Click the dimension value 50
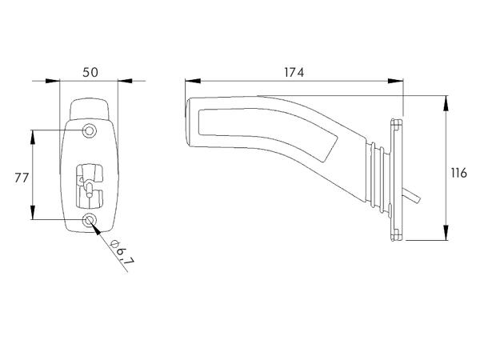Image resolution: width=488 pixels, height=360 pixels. click(x=90, y=72)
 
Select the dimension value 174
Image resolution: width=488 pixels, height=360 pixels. click(x=294, y=72)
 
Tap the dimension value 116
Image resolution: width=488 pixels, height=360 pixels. click(x=459, y=173)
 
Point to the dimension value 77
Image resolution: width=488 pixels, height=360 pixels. click(x=22, y=178)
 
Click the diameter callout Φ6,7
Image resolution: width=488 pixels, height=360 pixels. click(x=122, y=252)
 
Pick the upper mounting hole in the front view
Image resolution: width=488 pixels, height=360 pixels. click(x=89, y=130)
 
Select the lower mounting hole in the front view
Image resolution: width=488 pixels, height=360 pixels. click(x=90, y=220)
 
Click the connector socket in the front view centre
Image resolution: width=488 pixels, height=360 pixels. click(x=90, y=186)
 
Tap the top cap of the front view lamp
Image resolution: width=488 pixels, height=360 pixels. click(x=90, y=109)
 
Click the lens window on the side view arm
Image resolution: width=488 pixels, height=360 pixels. click(x=268, y=130)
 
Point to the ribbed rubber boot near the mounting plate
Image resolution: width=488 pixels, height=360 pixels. click(x=380, y=178)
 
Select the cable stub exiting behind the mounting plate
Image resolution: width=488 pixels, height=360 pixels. click(x=411, y=195)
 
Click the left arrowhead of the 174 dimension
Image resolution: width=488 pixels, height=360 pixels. click(x=193, y=81)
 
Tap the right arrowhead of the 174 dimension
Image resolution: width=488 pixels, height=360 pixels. click(x=395, y=81)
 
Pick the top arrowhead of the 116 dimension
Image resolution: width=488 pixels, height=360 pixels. click(x=446, y=104)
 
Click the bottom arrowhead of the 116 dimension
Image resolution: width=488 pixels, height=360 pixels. click(x=446, y=233)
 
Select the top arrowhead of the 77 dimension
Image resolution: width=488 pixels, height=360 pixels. click(x=33, y=138)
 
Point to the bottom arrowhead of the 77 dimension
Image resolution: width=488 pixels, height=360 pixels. click(x=33, y=212)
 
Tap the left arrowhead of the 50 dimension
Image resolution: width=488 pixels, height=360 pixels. click(x=52, y=81)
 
